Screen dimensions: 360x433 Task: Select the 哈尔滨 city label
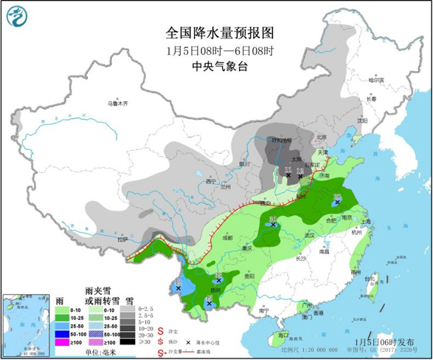click(376, 79)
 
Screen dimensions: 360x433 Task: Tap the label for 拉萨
click(121, 239)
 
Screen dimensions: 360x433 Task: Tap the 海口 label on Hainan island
click(284, 335)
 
